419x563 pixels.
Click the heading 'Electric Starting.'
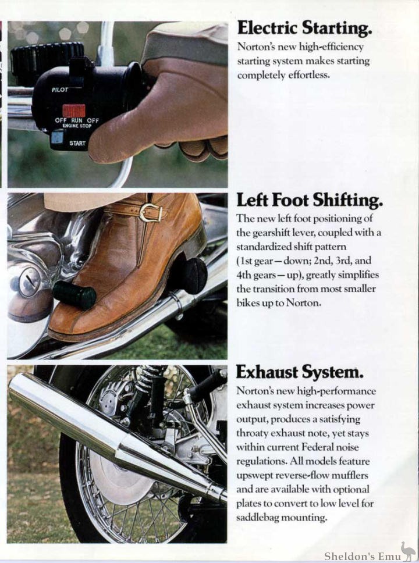(x=304, y=27)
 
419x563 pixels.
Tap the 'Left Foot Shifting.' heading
(x=310, y=200)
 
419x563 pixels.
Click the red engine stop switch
(x=74, y=111)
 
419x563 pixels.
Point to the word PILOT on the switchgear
(x=60, y=90)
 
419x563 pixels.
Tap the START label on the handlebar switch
(x=77, y=143)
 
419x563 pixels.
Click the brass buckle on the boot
(x=150, y=212)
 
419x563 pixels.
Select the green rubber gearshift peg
(x=74, y=295)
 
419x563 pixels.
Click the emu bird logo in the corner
(x=408, y=551)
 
